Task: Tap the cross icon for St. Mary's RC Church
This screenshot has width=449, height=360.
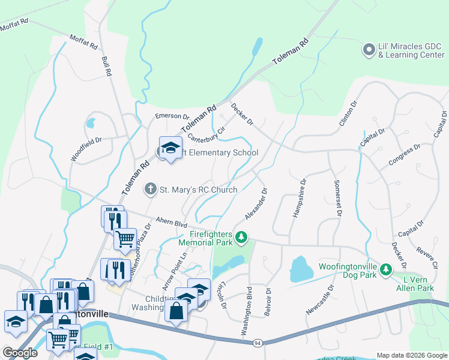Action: click(x=150, y=190)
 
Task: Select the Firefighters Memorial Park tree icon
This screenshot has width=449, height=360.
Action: click(x=241, y=238)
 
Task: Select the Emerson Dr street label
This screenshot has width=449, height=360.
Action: click(x=172, y=116)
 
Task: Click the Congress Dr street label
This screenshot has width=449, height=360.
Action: click(x=404, y=155)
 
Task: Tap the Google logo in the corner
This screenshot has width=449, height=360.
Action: click(x=20, y=352)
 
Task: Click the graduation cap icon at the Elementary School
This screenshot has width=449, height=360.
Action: click(x=170, y=148)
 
